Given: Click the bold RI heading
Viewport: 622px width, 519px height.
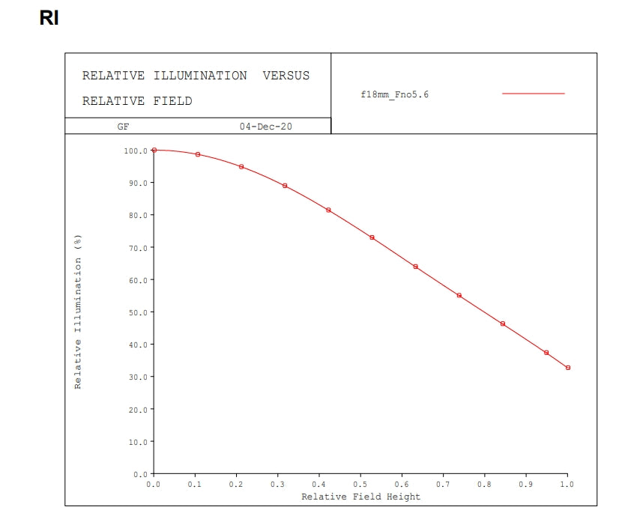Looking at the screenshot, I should pos(49,18).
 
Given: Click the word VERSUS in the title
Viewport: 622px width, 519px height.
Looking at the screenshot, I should pos(286,76).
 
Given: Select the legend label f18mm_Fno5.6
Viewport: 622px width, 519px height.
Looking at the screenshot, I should pos(394,94).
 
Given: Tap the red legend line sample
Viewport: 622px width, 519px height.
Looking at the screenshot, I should pos(533,94).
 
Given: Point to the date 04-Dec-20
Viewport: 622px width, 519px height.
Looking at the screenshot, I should pos(265,127).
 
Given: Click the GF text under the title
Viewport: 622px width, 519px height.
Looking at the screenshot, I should pos(123,127).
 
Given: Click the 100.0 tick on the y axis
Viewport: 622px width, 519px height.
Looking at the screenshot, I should pos(135,151).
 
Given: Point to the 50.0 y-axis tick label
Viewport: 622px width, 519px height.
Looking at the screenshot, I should pos(136,312).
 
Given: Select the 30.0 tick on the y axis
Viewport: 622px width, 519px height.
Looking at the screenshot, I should pos(136,377).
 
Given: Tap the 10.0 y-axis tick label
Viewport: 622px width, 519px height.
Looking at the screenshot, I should pos(136,442).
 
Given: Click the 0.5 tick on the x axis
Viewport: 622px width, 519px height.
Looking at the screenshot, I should pos(360,485).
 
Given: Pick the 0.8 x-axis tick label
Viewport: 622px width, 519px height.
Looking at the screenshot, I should pos(484,485).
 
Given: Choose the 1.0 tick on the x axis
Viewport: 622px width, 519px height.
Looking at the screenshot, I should pos(567,485).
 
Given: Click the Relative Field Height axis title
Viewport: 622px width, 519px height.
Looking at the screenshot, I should pos(360,497).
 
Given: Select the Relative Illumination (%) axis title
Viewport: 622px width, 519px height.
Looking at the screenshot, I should pos(77,312).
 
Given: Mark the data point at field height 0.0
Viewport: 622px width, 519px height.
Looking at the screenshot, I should pos(154,150).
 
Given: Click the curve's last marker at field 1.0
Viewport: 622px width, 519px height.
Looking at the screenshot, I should pos(568,368).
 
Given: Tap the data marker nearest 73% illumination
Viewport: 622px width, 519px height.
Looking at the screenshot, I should pos(372,237).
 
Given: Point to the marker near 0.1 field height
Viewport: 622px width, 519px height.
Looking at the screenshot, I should pos(198,154).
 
